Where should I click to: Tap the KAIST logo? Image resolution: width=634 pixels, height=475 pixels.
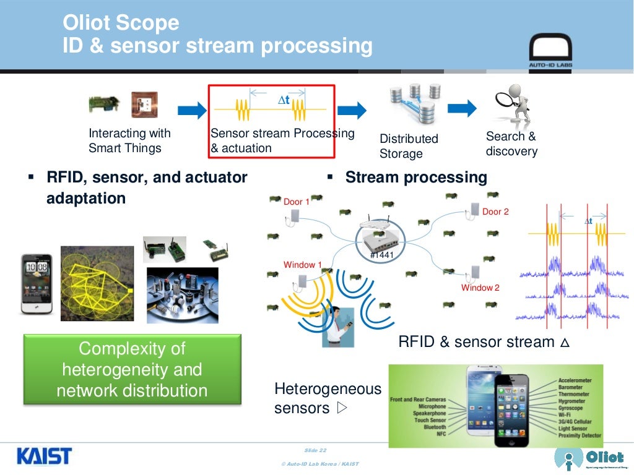click(44, 456)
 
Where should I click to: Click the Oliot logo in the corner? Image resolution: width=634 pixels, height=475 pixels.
click(588, 458)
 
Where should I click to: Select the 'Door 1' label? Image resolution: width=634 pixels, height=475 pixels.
click(296, 202)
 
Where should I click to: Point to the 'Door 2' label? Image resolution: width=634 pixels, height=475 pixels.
click(495, 212)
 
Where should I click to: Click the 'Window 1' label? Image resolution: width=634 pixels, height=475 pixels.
click(303, 265)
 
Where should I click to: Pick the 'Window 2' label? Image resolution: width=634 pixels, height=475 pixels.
click(480, 288)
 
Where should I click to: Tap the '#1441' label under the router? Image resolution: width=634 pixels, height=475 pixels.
click(381, 254)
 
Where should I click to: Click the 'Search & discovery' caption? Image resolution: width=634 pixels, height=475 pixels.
click(511, 143)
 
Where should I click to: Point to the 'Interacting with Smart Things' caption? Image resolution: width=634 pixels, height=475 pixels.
click(129, 140)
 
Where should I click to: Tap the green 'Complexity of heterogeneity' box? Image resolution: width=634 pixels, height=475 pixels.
click(132, 369)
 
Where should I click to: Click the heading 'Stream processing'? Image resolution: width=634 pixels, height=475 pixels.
click(416, 178)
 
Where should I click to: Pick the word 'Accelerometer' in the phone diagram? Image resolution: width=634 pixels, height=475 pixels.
click(575, 380)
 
